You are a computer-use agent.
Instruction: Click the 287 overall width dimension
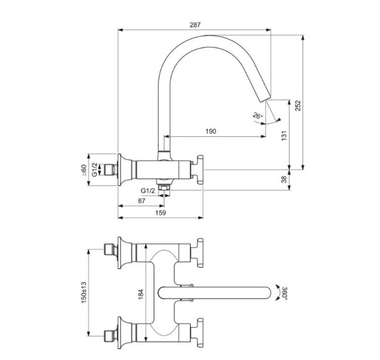click(195, 24)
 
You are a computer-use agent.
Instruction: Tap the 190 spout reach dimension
click(210, 132)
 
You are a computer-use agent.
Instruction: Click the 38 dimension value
click(283, 179)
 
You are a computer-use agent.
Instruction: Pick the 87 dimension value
click(142, 200)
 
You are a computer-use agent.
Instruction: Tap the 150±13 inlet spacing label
click(83, 292)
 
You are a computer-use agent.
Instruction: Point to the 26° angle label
click(257, 116)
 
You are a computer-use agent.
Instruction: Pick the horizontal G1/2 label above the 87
click(148, 190)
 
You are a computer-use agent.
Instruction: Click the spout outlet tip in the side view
click(265, 98)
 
